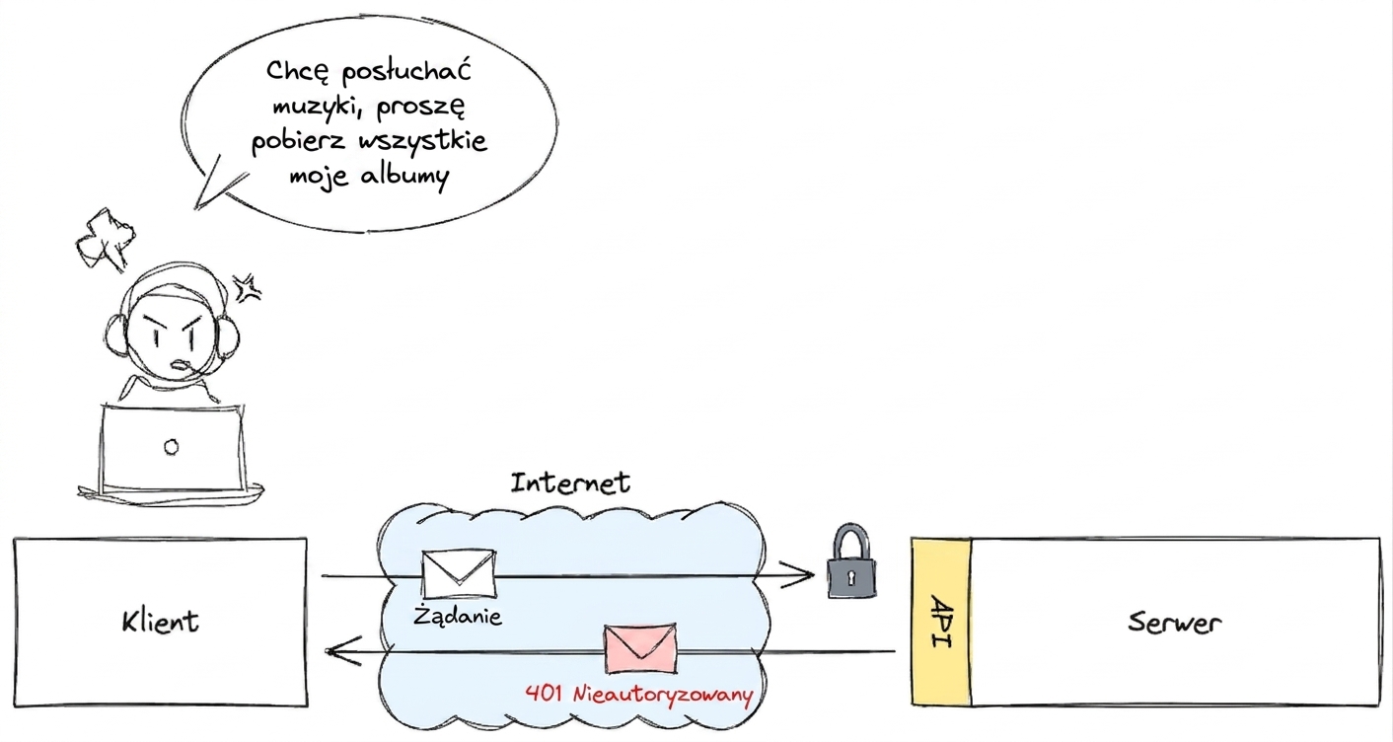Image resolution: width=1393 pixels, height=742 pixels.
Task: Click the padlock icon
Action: [850, 561]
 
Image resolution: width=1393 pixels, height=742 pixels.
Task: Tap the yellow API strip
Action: [941, 622]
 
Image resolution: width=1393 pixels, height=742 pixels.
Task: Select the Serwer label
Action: [1174, 622]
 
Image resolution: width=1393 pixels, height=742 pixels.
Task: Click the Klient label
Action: [161, 622]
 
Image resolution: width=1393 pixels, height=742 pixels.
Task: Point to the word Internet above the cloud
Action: [570, 483]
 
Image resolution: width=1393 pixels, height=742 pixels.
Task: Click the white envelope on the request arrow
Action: [459, 574]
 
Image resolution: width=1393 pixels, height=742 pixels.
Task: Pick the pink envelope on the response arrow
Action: [640, 648]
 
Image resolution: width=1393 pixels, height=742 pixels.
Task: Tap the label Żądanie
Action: [458, 615]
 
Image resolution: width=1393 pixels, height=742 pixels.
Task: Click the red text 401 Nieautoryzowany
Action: [638, 694]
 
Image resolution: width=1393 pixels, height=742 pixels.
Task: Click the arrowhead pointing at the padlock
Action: [799, 575]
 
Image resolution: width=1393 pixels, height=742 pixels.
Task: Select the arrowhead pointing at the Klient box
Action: [343, 651]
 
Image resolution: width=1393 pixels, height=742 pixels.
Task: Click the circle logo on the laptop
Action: [172, 447]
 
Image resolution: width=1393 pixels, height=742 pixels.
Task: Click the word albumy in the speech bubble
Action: [404, 177]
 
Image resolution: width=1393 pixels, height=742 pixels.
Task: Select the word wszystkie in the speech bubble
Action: [423, 140]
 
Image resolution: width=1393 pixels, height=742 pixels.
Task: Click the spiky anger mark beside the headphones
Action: [247, 288]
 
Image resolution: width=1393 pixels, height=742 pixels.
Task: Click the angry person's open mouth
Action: [180, 365]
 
